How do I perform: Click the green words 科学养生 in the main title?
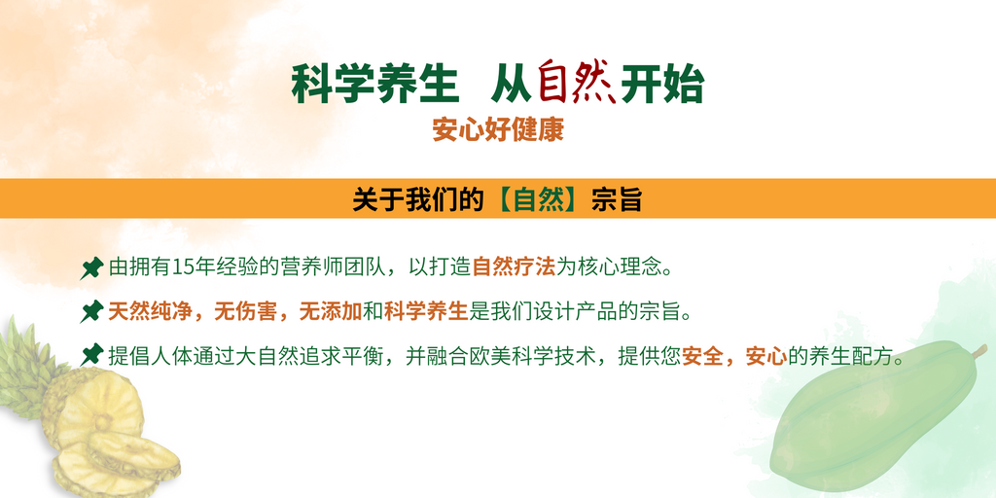374,85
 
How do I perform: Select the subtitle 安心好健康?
498,131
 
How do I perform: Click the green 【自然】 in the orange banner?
538,200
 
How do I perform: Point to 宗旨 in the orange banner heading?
616,200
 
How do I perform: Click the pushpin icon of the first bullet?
91,268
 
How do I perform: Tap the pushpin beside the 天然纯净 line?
91,311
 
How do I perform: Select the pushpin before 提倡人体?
91,354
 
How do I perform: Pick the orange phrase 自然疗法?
514,267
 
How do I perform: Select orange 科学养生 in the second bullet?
426,311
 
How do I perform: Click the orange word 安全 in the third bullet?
702,355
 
